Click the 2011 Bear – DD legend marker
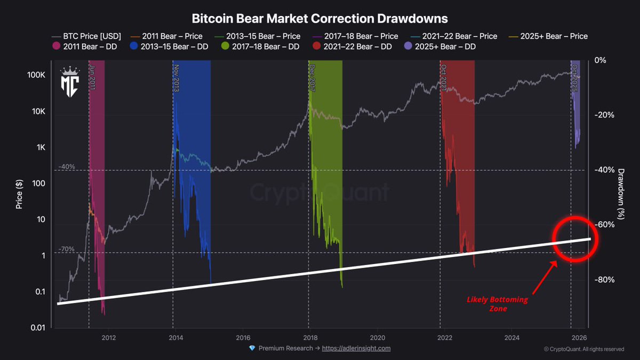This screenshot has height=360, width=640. click(x=56, y=46)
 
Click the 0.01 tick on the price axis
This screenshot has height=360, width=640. click(x=36, y=327)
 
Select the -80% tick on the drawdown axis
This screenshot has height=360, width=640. click(x=600, y=280)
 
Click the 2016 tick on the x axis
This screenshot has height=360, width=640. click(x=243, y=338)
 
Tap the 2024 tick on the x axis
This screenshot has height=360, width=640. click(x=511, y=338)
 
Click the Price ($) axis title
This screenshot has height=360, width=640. click(x=19, y=194)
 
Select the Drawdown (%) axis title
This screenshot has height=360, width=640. click(x=621, y=194)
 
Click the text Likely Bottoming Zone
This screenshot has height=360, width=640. click(x=497, y=304)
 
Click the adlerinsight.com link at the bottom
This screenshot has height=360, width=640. click(x=356, y=348)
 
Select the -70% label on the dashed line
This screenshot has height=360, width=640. click(x=67, y=249)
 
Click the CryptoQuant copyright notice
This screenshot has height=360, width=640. click(x=583, y=349)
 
